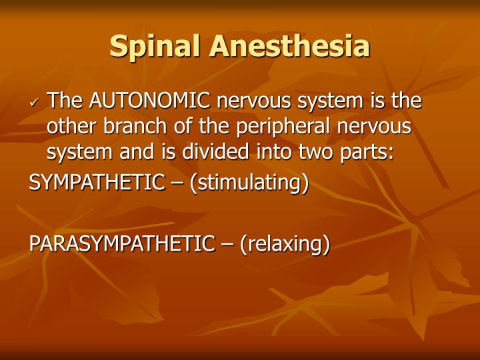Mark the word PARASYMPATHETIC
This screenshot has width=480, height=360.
[121, 244]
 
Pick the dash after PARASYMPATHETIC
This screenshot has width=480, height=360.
[227, 244]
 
